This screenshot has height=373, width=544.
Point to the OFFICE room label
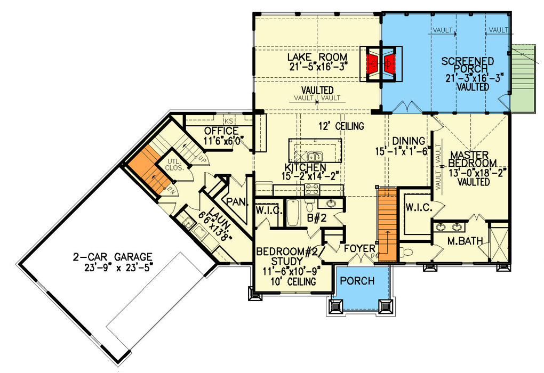point(221,131)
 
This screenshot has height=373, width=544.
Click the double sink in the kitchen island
point(314,157)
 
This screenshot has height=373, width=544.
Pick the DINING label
point(409,141)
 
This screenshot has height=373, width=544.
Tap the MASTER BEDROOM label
point(473,159)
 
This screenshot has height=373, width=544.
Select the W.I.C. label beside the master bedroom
point(418,207)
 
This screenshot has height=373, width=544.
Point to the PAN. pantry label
point(235,202)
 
